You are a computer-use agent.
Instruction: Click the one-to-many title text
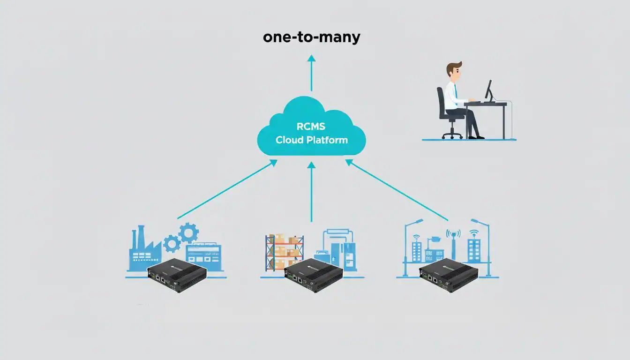point(311,37)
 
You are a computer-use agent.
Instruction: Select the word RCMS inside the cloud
point(311,126)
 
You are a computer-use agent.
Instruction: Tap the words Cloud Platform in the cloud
point(311,140)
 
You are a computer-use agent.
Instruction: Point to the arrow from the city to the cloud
point(397,190)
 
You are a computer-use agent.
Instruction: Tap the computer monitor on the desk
point(489,90)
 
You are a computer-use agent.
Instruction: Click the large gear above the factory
point(188,232)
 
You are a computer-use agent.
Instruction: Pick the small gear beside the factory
point(172,244)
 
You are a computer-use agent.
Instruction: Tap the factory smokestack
point(140,237)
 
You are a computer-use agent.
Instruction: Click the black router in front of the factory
point(177,276)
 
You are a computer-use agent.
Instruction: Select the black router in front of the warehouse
point(313,276)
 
